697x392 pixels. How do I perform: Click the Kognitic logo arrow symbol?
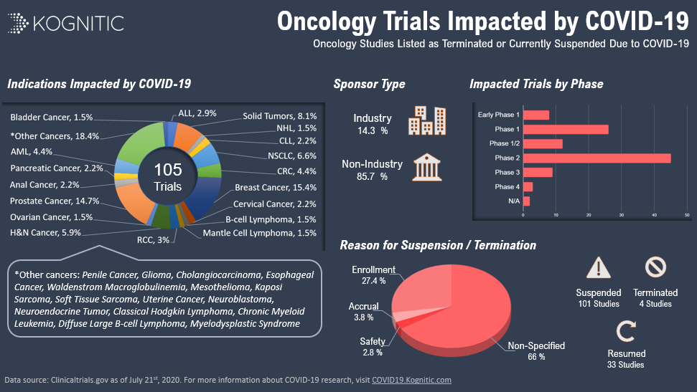[x=19, y=23]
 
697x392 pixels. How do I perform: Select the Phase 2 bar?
[x=597, y=158]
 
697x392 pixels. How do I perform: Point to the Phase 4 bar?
[x=528, y=186]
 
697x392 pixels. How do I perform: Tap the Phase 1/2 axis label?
[x=504, y=143]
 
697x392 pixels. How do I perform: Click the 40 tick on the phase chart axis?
[x=655, y=214]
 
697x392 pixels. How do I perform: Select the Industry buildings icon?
[x=426, y=121]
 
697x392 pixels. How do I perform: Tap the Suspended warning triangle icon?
[x=598, y=269]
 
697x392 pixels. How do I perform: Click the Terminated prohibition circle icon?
[x=655, y=268]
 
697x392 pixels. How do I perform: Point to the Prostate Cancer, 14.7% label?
[x=55, y=201]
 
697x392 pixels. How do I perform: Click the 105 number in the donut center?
[x=168, y=170]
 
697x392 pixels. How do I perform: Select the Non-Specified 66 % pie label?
[x=536, y=350]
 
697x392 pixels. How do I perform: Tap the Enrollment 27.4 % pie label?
[x=369, y=274]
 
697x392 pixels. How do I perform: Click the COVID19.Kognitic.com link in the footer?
[x=411, y=380]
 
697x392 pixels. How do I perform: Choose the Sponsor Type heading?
[x=369, y=84]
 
